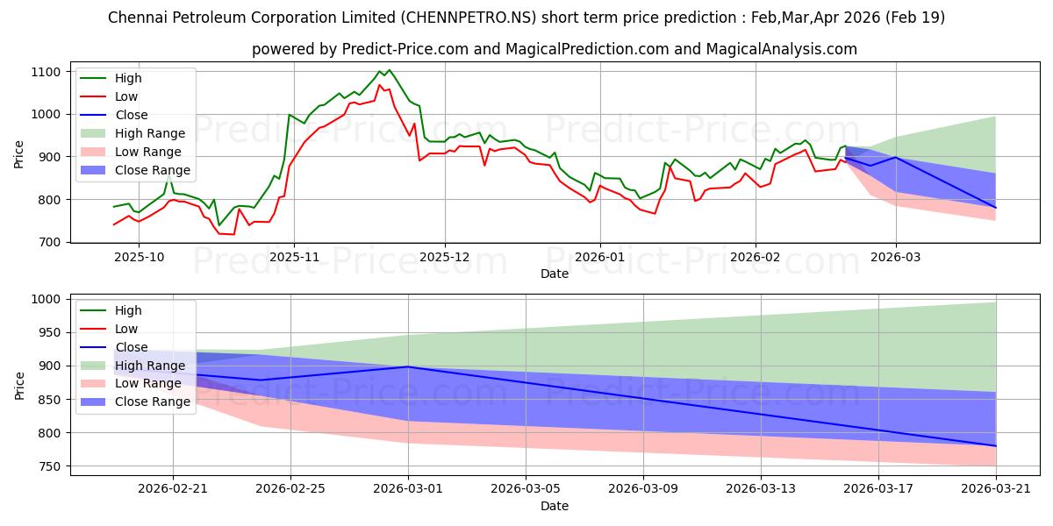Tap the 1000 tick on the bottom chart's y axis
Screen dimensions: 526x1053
[x=45, y=299]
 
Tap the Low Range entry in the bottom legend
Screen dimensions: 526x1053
[x=148, y=384]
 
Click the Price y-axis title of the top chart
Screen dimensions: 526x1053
[x=19, y=156]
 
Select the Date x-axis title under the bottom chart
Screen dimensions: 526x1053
[x=554, y=506]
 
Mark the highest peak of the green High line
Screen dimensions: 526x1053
[x=390, y=70]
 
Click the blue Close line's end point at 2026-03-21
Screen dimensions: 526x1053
[x=996, y=446]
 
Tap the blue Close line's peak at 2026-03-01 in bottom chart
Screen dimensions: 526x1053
[x=408, y=366]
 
